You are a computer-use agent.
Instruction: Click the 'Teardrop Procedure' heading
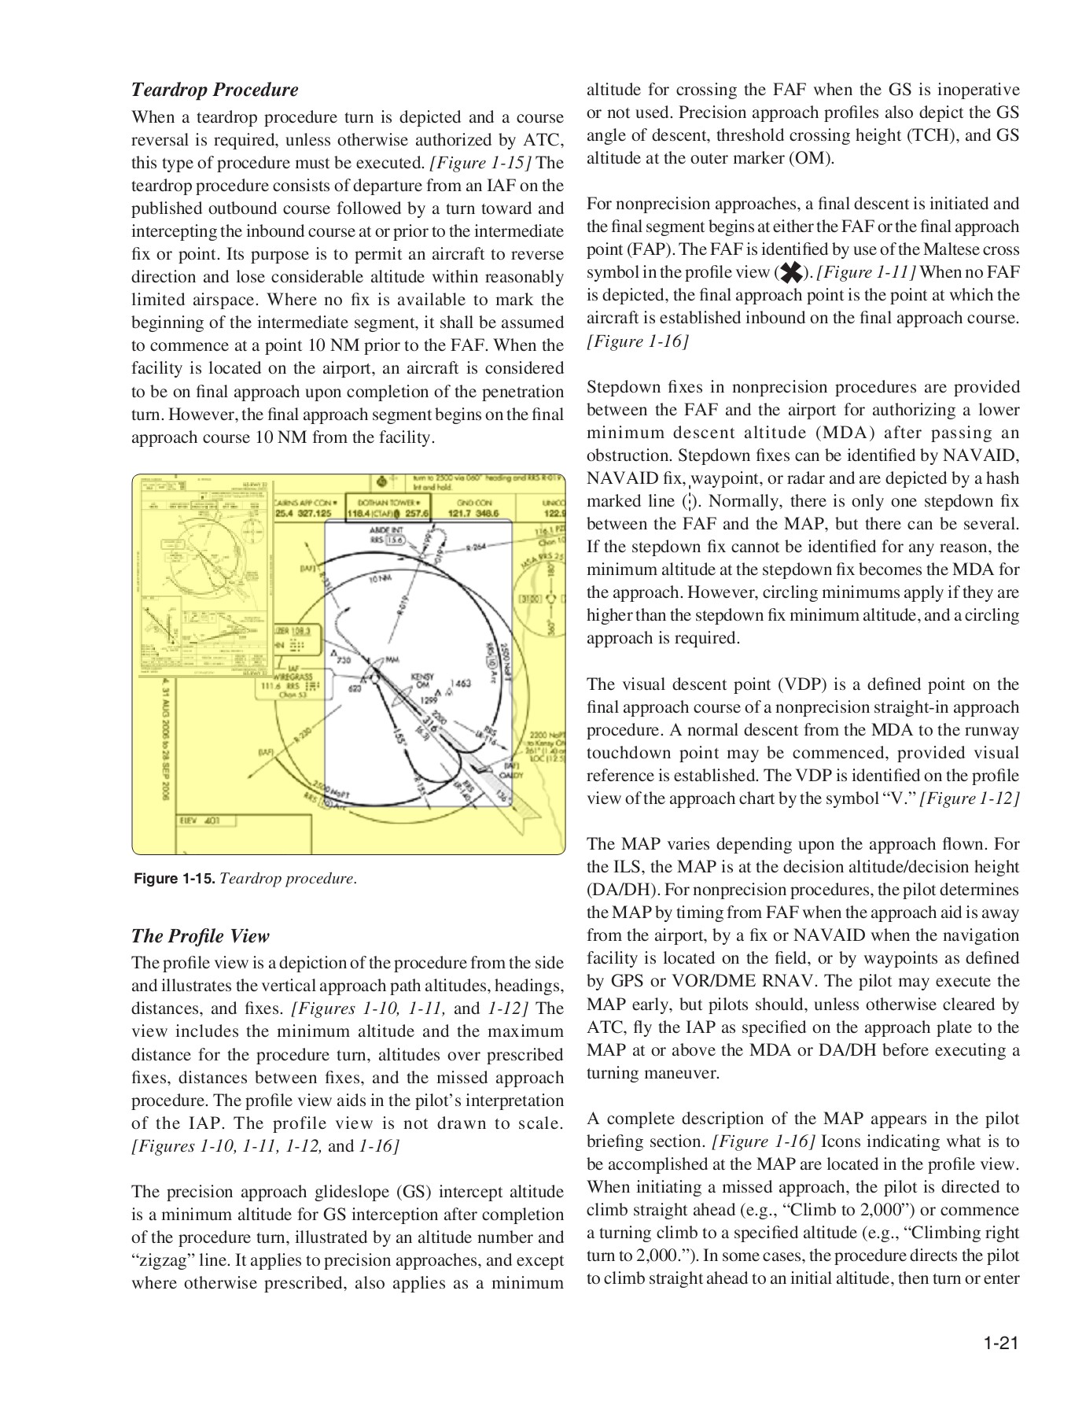click(x=215, y=90)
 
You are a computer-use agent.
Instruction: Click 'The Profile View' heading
click(x=200, y=936)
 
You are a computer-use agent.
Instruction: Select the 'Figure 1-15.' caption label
click(x=175, y=879)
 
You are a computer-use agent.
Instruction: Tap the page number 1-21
click(x=1000, y=1343)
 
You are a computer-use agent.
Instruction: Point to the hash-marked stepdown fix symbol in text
click(x=689, y=501)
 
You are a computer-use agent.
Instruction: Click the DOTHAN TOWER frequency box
click(x=389, y=508)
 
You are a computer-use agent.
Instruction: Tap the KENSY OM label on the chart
click(x=422, y=681)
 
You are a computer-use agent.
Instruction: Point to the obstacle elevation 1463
click(x=461, y=683)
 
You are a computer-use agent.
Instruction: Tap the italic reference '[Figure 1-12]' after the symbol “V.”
click(x=970, y=798)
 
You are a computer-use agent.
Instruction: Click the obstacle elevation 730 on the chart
click(x=343, y=659)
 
